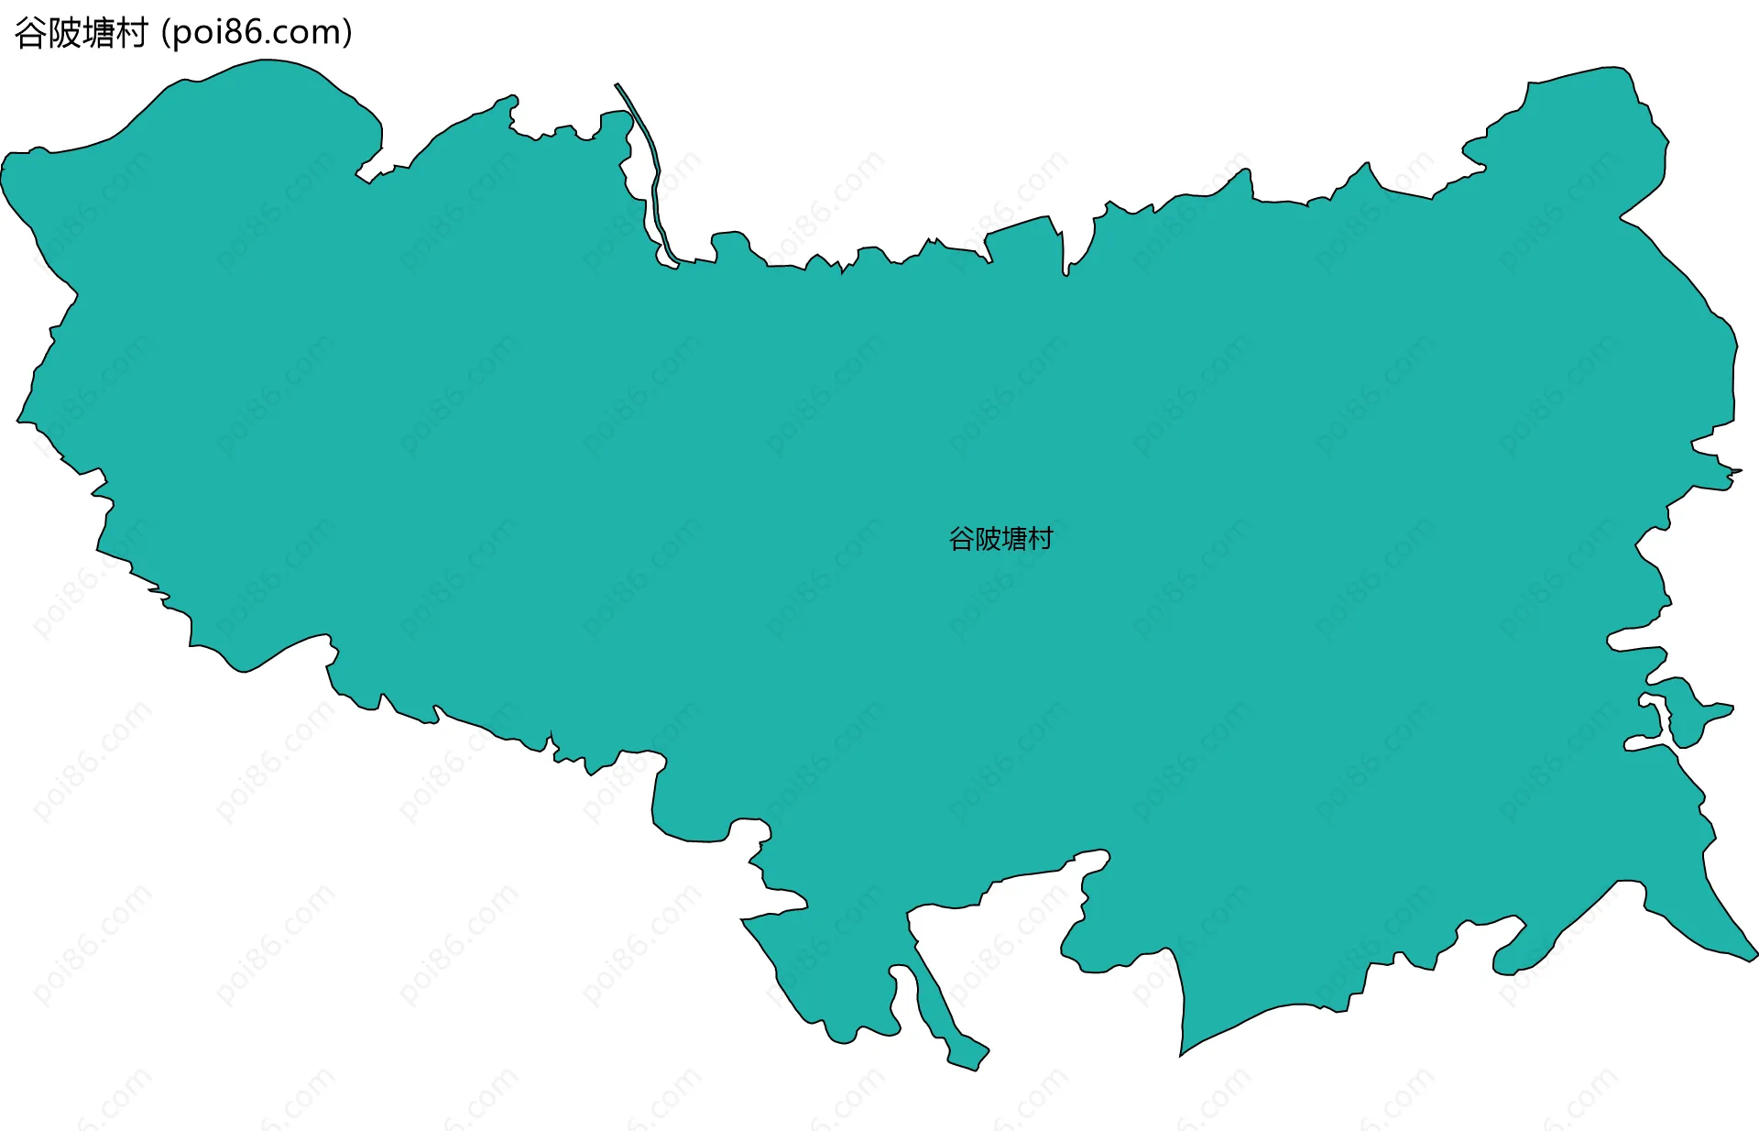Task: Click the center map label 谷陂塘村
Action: [1000, 539]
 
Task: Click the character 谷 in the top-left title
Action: [30, 34]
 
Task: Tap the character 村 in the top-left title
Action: [131, 34]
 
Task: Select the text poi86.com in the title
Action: [256, 33]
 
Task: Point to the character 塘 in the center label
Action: [1014, 539]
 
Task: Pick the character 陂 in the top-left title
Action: [64, 34]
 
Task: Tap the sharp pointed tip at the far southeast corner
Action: [1753, 954]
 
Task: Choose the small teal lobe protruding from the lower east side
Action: [1695, 715]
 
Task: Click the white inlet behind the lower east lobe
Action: [1654, 724]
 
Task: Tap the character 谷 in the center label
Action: [961, 539]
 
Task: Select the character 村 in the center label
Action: [1041, 539]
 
